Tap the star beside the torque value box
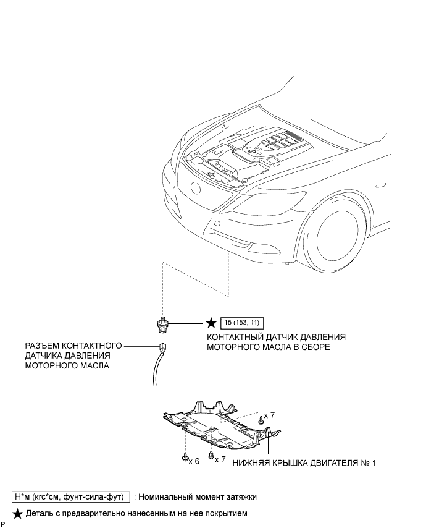(x=211, y=323)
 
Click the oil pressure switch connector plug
(x=162, y=347)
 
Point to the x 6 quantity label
(x=194, y=461)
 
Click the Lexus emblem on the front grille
(x=197, y=188)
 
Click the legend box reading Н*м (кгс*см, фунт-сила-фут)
(x=70, y=496)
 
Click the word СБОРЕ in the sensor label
(x=314, y=347)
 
